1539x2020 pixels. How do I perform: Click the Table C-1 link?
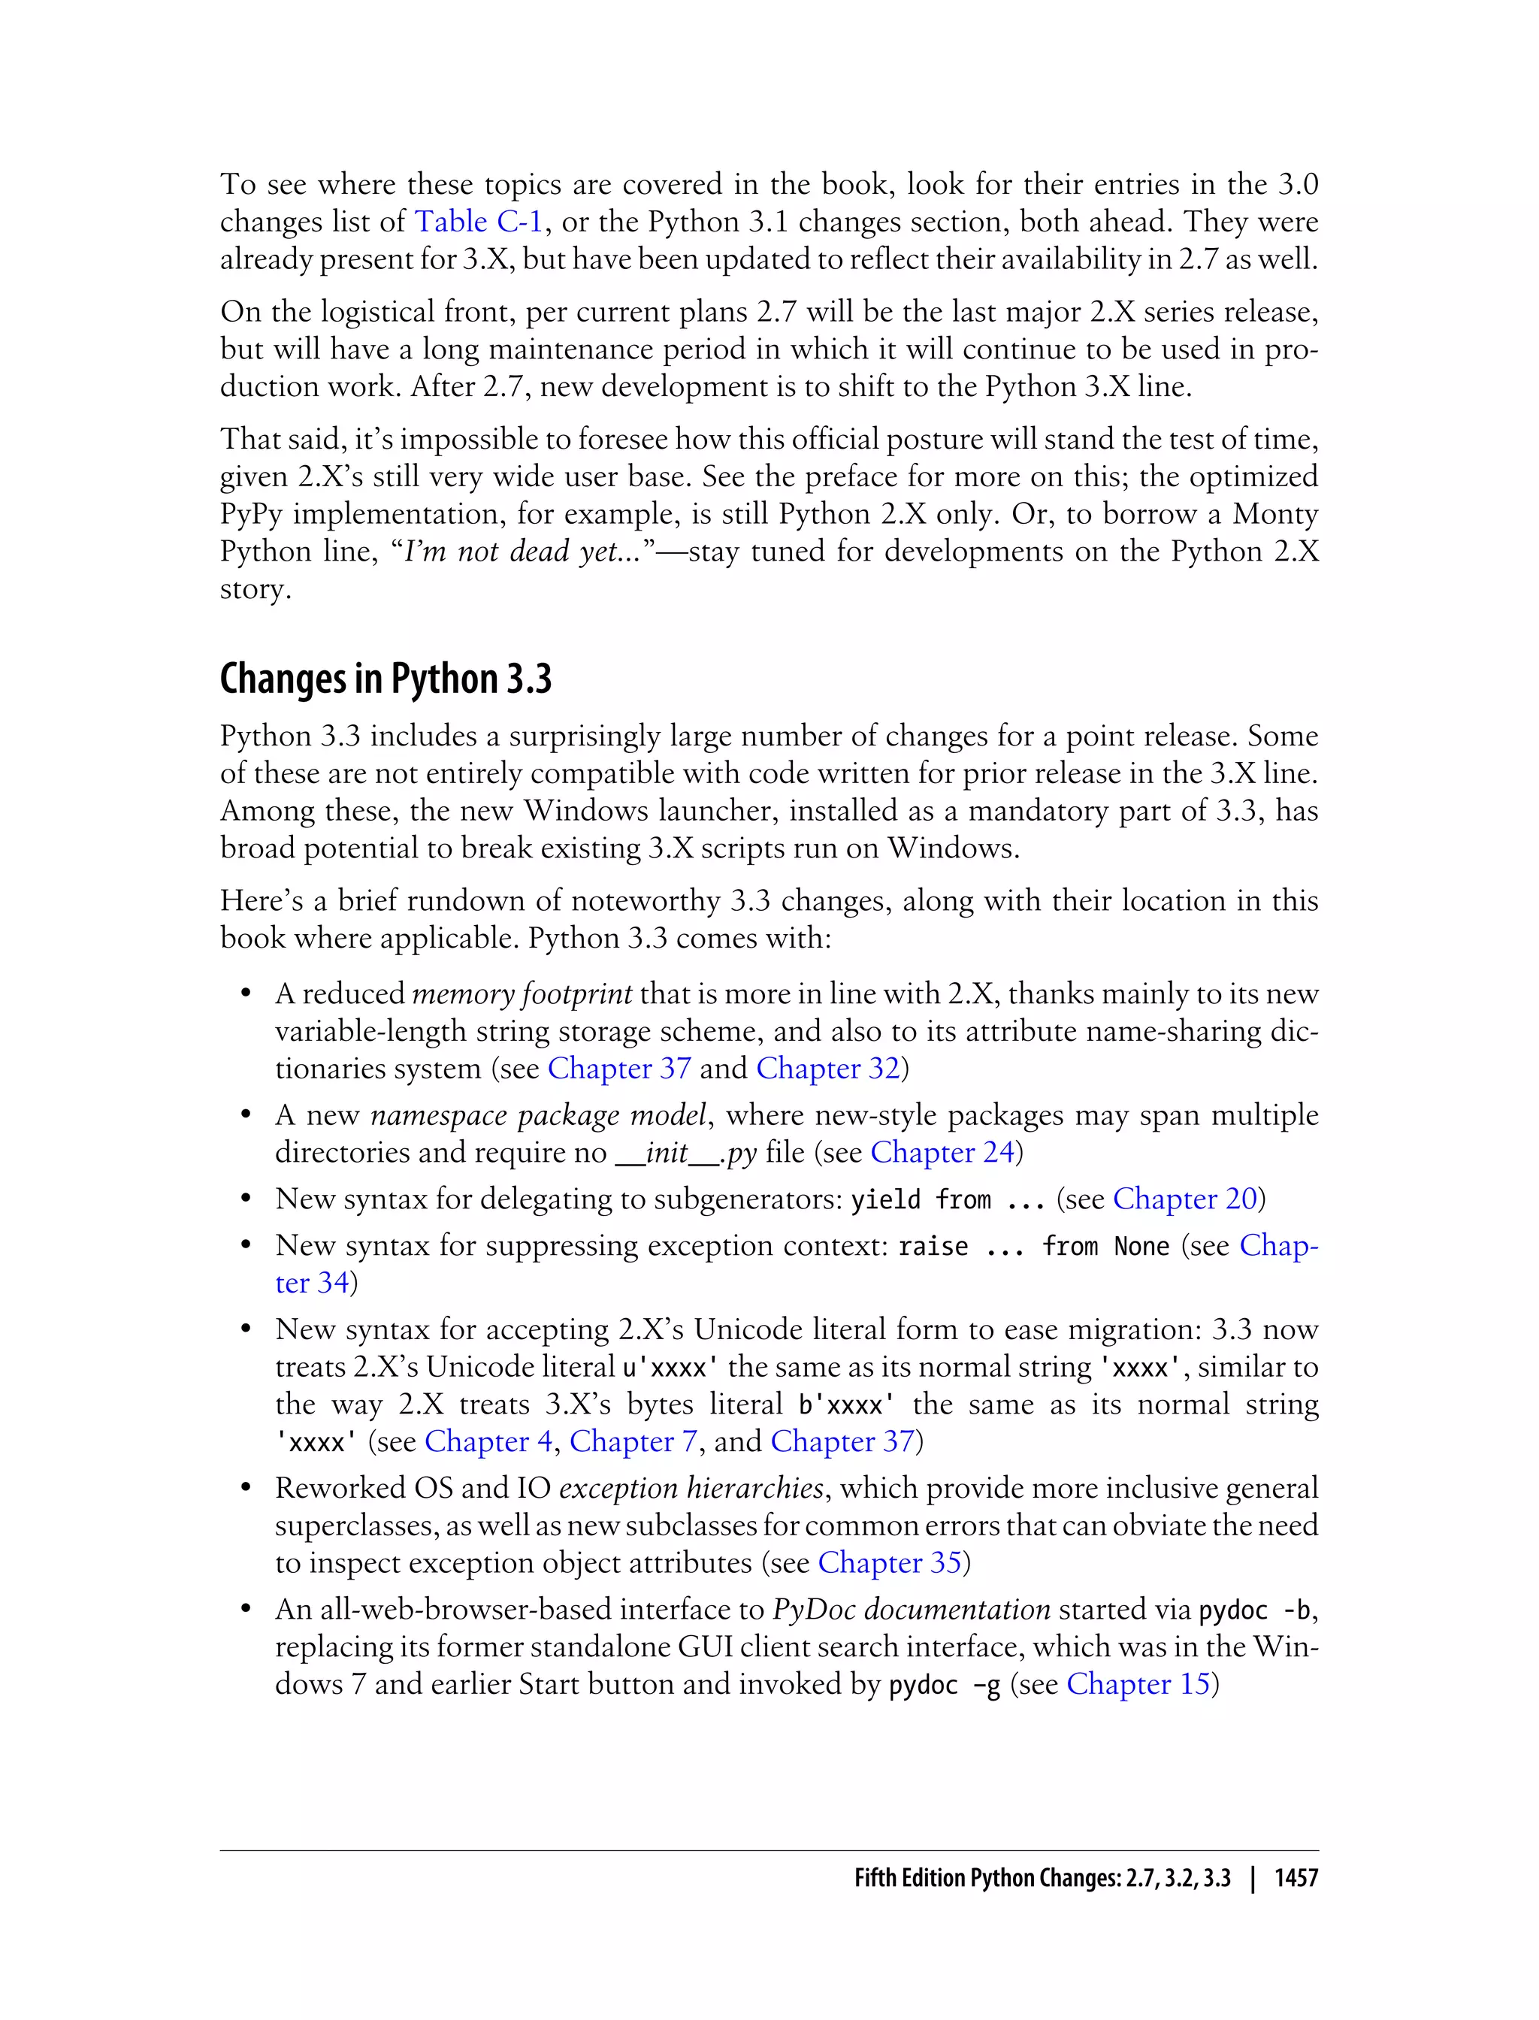(478, 222)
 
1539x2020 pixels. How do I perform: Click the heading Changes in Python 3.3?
(386, 679)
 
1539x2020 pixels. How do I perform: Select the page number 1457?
(1296, 1877)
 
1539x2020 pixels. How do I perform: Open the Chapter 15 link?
(1138, 1684)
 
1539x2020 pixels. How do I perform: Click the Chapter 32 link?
(828, 1068)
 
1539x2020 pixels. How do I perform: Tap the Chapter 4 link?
(488, 1441)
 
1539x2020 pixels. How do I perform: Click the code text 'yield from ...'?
(947, 1200)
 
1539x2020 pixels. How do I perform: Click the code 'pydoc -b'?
(1255, 1610)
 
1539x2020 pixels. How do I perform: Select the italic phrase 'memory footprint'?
(522, 994)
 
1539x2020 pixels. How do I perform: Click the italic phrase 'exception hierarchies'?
(691, 1488)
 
